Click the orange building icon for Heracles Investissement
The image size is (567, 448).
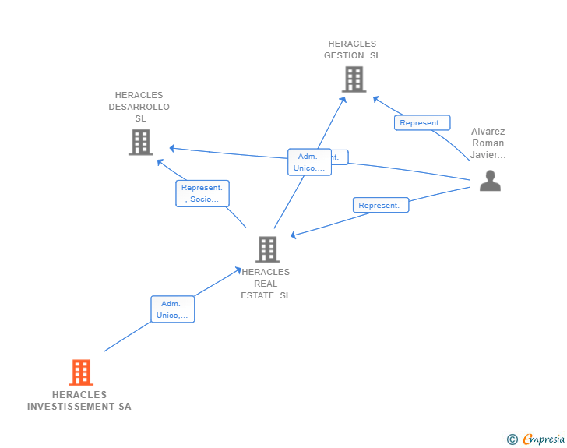point(81,372)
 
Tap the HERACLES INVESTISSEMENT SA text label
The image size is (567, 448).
point(79,400)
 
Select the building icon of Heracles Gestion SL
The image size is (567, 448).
point(354,79)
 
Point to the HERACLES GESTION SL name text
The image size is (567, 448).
point(352,50)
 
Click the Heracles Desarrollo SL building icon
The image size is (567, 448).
point(140,143)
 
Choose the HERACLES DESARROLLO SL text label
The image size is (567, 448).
point(139,107)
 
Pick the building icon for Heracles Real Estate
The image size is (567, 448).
point(267,249)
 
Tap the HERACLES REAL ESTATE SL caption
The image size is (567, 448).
point(266,284)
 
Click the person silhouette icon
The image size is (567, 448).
point(489,181)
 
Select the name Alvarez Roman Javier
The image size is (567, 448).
point(488,143)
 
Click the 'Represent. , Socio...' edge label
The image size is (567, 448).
point(202,193)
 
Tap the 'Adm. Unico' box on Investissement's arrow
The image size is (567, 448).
point(172,309)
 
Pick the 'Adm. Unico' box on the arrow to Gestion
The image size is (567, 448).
point(309,162)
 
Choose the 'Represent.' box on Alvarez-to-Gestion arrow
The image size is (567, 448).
point(421,122)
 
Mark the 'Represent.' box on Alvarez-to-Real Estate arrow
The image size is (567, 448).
point(380,206)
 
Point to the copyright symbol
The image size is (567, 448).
point(512,440)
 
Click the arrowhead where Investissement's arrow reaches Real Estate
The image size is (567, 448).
point(239,270)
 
